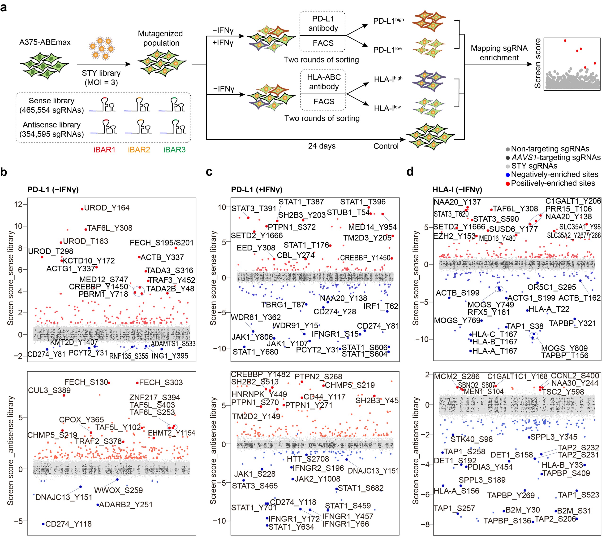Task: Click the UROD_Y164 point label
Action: [x=107, y=208]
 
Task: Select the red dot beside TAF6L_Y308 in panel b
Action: [x=86, y=229]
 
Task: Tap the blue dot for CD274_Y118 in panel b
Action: [x=43, y=524]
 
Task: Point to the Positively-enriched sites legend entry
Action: [x=553, y=183]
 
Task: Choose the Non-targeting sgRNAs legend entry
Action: [x=550, y=149]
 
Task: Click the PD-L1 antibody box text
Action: [x=323, y=23]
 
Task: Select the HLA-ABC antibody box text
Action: [x=324, y=82]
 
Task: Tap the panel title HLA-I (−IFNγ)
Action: [x=457, y=189]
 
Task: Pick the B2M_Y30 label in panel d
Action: [x=523, y=510]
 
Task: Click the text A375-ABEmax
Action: [x=45, y=42]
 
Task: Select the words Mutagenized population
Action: [x=160, y=38]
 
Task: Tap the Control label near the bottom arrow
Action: [x=386, y=146]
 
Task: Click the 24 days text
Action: [x=322, y=146]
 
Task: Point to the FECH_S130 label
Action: [x=86, y=382]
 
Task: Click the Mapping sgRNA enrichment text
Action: [x=499, y=53]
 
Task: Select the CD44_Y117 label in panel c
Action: [x=324, y=397]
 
